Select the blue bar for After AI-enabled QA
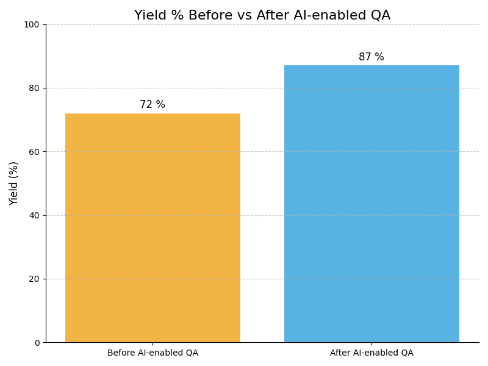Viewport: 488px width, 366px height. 371,204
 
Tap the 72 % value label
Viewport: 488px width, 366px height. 152,105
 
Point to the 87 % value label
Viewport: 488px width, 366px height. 371,57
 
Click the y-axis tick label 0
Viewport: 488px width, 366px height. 37,343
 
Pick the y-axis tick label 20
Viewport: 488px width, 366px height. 34,279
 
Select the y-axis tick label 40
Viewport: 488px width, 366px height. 34,215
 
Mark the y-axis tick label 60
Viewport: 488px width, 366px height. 34,152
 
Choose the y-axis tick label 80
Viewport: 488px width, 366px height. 34,88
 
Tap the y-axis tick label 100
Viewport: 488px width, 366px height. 32,24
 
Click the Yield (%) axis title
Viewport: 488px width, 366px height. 14,183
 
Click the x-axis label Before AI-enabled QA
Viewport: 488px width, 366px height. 152,353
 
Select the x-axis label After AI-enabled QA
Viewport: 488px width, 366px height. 371,353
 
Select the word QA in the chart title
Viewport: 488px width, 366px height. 379,16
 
